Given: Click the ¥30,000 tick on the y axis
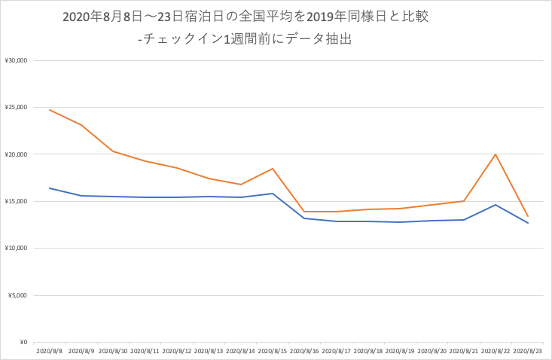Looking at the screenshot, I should click(16, 60).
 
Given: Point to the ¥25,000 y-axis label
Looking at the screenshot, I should click(16, 108).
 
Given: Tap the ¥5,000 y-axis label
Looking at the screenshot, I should click(17, 295).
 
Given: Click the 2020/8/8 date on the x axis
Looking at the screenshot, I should click(49, 350).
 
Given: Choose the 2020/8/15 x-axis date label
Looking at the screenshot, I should click(272, 350).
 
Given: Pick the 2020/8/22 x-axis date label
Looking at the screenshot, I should click(495, 350).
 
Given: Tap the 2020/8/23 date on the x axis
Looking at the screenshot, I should click(527, 350).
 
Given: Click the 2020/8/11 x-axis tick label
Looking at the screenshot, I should click(145, 350).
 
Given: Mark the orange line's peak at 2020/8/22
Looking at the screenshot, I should click(496, 154).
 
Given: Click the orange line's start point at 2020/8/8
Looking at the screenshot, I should click(50, 110).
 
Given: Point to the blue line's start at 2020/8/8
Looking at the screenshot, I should click(50, 188).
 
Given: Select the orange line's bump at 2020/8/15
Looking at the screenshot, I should click(273, 169).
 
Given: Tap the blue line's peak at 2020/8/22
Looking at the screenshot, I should click(496, 205).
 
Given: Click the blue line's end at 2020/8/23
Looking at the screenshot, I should click(527, 223).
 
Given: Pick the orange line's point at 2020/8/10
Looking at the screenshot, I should click(113, 151).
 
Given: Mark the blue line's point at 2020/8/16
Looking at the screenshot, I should click(304, 218).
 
